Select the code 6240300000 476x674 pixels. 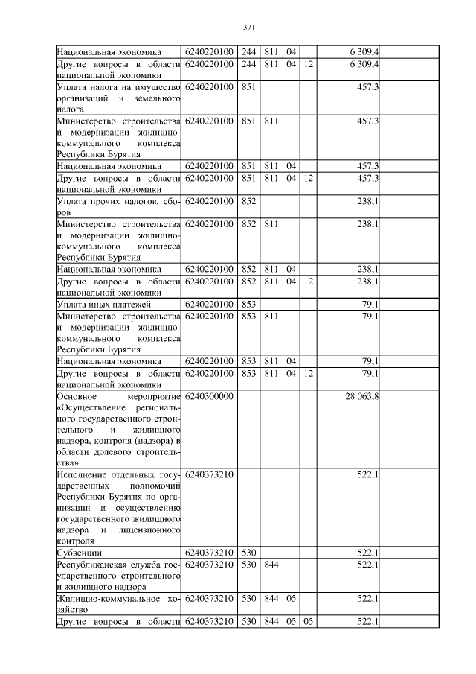coord(209,396)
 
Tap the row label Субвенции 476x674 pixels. coord(80,552)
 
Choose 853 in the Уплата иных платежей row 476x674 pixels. coord(248,304)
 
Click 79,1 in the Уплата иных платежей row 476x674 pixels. coord(371,304)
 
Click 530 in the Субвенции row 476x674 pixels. coord(248,552)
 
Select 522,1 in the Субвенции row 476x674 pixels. coord(369,552)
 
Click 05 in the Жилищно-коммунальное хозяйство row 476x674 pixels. coord(291,598)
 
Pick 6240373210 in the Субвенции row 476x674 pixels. coord(209,552)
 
